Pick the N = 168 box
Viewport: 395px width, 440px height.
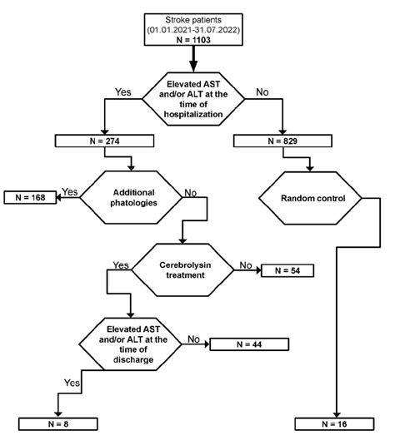pos(30,198)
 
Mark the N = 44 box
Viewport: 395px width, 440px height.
pos(248,344)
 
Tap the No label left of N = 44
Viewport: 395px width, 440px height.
pos(192,339)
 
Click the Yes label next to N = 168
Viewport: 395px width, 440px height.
pos(70,192)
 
